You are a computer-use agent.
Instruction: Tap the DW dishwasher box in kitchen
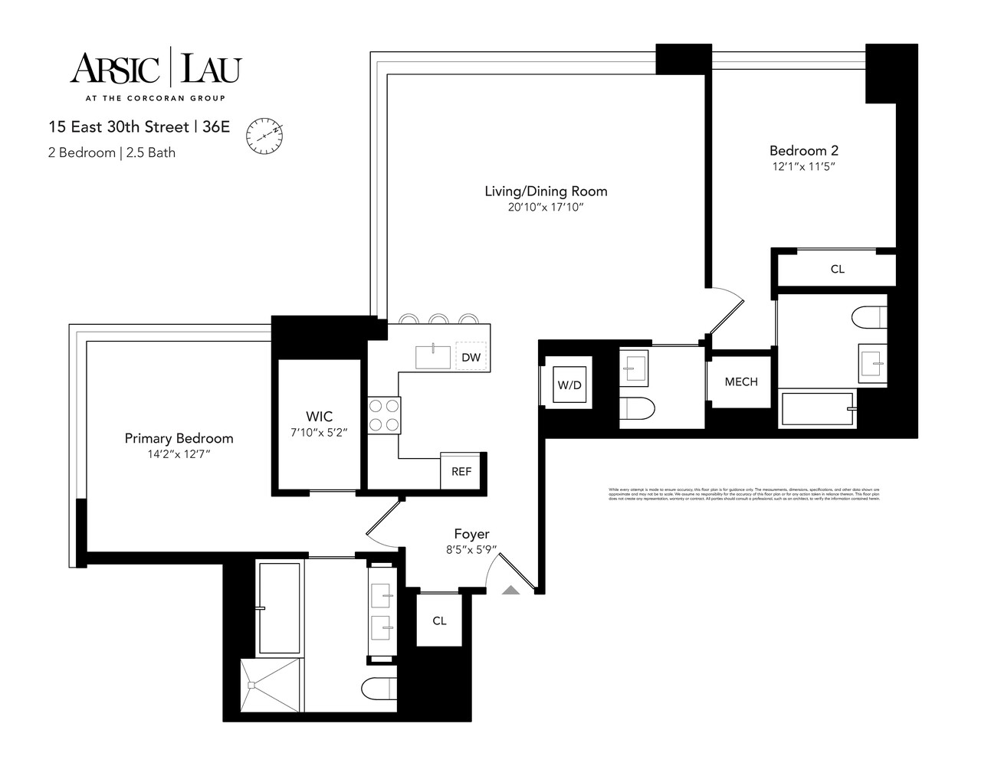tap(471, 357)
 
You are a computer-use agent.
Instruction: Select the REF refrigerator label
tap(461, 471)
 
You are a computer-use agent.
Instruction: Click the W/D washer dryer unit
tap(569, 385)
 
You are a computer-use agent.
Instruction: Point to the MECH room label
tap(740, 381)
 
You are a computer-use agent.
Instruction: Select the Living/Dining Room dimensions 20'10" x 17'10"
tap(545, 208)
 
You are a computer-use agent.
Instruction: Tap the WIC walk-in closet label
tap(319, 416)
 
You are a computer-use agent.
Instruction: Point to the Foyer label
tap(471, 534)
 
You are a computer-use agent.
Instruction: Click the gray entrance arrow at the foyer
tap(510, 589)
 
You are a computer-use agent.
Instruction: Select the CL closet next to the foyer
tap(439, 620)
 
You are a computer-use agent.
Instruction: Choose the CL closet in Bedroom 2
tap(837, 269)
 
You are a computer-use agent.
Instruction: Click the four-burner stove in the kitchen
tap(383, 414)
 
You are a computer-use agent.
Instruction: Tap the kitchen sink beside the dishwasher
tap(433, 357)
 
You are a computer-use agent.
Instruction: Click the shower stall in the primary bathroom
tap(271, 687)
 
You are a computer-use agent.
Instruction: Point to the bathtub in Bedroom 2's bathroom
tap(817, 410)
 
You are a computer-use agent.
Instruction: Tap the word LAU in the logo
tap(210, 68)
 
